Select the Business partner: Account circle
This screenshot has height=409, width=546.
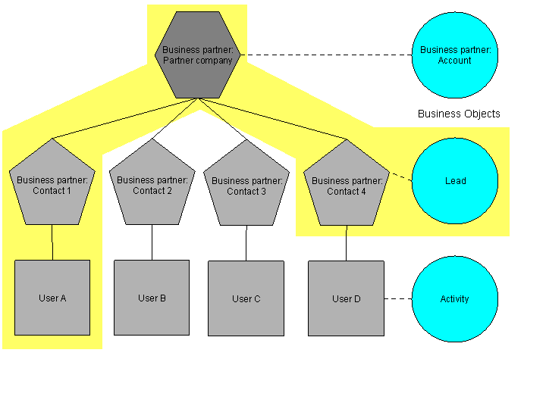pyautogui.click(x=454, y=55)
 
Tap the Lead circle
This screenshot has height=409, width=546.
pyautogui.click(x=455, y=181)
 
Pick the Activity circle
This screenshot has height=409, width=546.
pyautogui.click(x=455, y=298)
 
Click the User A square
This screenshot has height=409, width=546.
pyautogui.click(x=52, y=298)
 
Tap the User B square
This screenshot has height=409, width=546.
pyautogui.click(x=152, y=298)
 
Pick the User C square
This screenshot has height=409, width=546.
pyautogui.click(x=246, y=298)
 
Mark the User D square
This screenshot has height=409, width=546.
pyautogui.click(x=347, y=298)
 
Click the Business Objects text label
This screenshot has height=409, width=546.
pyautogui.click(x=459, y=114)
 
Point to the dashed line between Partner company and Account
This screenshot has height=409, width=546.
pyautogui.click(x=326, y=55)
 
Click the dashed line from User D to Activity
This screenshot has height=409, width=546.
pyautogui.click(x=398, y=298)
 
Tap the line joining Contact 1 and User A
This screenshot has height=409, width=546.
pyautogui.click(x=52, y=242)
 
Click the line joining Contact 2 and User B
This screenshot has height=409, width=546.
pyautogui.click(x=152, y=242)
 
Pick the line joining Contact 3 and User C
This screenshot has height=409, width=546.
pyautogui.click(x=246, y=243)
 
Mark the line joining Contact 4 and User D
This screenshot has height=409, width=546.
pyautogui.click(x=347, y=242)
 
